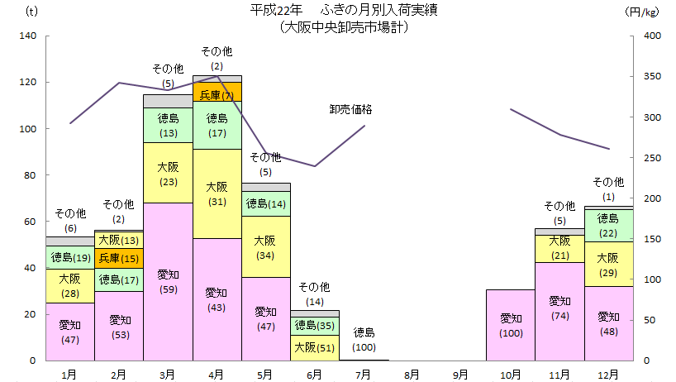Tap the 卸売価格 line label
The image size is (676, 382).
350,109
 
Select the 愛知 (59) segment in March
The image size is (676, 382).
168,281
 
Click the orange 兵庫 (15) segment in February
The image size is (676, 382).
119,258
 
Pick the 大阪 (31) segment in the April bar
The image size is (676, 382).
217,193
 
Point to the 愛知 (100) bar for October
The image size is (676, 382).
510,325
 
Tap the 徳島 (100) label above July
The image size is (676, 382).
364,339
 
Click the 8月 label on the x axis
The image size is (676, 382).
412,374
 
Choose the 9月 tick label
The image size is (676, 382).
461,374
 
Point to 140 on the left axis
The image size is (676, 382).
26,36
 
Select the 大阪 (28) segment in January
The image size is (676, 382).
70,286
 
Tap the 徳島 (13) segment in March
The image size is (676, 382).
168,125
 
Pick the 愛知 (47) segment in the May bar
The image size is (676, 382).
265,318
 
